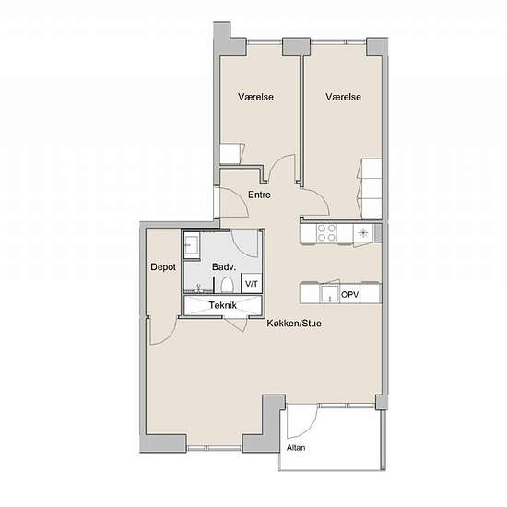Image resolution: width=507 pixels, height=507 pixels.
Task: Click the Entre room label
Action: click(259, 195)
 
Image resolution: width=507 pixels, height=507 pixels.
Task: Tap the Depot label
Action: click(163, 267)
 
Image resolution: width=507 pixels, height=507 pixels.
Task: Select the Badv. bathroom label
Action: click(224, 267)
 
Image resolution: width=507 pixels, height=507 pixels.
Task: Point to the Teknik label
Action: click(223, 305)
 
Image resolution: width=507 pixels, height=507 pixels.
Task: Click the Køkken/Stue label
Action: click(294, 323)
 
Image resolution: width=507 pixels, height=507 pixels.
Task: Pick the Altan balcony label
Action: click(296, 447)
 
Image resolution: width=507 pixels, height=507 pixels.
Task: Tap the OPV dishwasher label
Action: click(350, 295)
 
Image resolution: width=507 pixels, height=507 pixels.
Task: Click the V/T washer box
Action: click(252, 284)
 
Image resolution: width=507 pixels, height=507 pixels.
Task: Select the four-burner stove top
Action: click(326, 233)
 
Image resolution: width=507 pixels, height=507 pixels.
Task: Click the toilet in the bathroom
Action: click(227, 285)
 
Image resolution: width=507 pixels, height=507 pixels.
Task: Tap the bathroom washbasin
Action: click(192, 245)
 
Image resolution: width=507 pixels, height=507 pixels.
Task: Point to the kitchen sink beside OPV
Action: click(329, 294)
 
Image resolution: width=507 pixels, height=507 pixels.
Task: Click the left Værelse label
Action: click(255, 97)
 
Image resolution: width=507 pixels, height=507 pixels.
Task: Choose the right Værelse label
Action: click(344, 97)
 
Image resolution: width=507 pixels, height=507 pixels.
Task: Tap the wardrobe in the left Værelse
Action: click(231, 154)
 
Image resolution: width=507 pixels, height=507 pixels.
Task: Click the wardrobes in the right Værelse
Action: click(370, 188)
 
